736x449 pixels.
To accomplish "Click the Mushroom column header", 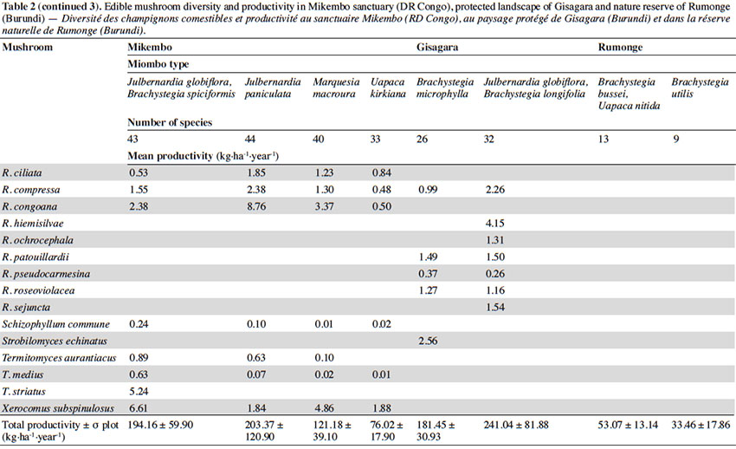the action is tap(27, 47).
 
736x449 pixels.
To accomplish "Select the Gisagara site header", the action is tap(437, 47).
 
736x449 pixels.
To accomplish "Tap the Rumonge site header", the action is tap(620, 47).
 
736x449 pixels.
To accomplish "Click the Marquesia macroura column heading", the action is tap(336, 88).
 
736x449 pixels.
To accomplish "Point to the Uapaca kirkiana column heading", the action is tap(388, 88).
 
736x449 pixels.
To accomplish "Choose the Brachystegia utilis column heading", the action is tap(700, 88).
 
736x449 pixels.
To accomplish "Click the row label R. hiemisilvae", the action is tap(32, 224).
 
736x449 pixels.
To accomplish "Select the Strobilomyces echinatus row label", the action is tap(55, 341).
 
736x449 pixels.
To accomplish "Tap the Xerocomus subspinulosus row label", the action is tap(58, 408).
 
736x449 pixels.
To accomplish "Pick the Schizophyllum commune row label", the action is tap(56, 324).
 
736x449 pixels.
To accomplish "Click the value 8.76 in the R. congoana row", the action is tap(256, 206).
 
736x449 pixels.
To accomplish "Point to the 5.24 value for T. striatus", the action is tap(139, 391).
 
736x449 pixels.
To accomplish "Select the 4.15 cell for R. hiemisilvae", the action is tap(494, 224).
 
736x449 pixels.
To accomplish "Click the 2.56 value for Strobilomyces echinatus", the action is tap(428, 341).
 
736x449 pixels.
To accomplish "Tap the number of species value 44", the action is tap(249, 139).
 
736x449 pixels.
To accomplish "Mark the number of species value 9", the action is tap(676, 139).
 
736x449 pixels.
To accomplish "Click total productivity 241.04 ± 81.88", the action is tap(516, 425).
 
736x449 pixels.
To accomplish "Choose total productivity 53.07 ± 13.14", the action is tap(628, 425).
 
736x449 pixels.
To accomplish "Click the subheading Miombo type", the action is tap(158, 64).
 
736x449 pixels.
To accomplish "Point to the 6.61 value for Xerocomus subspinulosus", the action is tap(139, 408).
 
